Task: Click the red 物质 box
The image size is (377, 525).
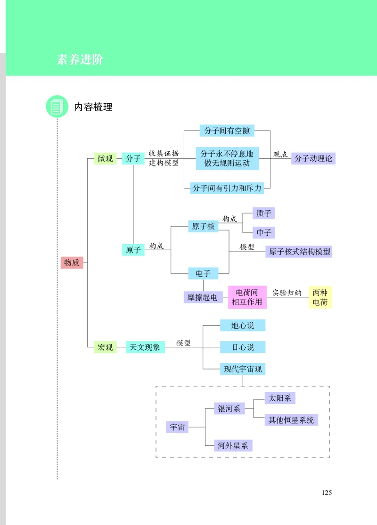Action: [72, 262]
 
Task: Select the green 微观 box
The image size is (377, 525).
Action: [105, 159]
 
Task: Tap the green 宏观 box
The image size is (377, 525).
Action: [105, 347]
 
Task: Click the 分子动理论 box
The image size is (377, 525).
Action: [313, 158]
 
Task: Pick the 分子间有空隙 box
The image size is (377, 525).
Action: [227, 131]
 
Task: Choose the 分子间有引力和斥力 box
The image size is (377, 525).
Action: [227, 188]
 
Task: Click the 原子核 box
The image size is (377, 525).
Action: [203, 226]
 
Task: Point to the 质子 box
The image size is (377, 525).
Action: [263, 213]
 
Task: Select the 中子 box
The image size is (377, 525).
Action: [263, 233]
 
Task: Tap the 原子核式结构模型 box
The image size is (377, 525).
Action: [299, 252]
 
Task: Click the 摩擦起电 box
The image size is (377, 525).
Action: [203, 297]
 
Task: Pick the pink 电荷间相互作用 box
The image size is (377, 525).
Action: [247, 297]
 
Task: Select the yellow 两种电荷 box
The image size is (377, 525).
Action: [320, 297]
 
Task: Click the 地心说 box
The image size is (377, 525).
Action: [243, 325]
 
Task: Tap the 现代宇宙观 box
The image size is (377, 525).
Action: [243, 369]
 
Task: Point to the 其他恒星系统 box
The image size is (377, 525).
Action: [291, 419]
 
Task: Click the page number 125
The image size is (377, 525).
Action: [327, 493]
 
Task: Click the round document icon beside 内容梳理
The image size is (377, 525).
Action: [57, 107]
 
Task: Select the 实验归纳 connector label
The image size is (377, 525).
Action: [287, 293]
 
